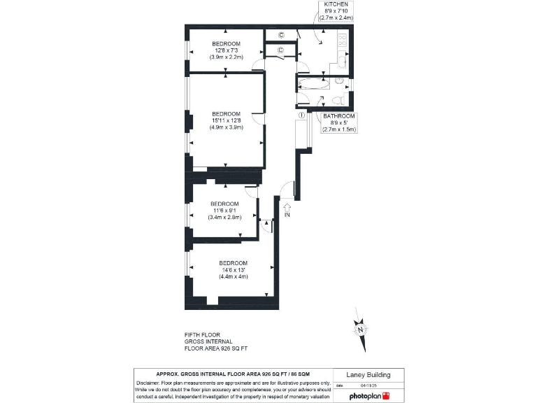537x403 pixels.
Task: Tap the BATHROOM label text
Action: point(339,115)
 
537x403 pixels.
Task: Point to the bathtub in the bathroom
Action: point(313,83)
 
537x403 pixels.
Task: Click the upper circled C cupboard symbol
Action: point(281,35)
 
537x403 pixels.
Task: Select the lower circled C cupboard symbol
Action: point(280,50)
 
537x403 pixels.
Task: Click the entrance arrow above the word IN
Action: point(287,206)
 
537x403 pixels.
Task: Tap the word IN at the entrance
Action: point(287,215)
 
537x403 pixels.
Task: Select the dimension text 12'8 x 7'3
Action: point(226,50)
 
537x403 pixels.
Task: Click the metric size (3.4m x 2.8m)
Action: point(224,217)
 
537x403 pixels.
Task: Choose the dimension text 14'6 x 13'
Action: point(233,269)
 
